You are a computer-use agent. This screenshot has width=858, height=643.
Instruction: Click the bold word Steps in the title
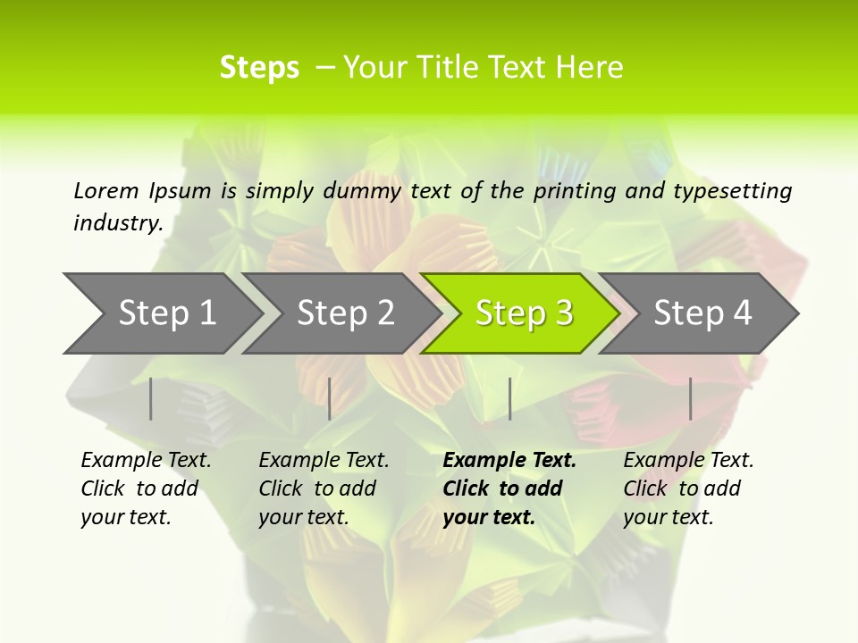[259, 68]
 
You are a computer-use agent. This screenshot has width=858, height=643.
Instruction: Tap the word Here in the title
[589, 68]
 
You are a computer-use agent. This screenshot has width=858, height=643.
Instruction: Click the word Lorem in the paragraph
[106, 190]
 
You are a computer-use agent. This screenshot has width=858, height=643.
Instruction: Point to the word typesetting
[732, 190]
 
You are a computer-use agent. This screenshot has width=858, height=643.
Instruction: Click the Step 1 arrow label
[167, 313]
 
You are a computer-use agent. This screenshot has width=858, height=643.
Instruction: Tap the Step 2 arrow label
[346, 313]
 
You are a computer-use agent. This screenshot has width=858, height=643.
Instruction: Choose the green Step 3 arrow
[525, 313]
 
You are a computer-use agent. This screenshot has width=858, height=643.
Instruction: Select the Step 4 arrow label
[702, 313]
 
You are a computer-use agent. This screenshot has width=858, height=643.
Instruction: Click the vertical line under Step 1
[151, 398]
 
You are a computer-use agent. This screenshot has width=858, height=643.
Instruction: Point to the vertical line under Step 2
[330, 398]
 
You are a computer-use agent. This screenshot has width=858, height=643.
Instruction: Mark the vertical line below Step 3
[509, 398]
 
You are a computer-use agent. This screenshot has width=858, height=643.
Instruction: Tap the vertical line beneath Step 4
[690, 398]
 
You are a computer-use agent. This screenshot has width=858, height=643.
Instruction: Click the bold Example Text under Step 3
[509, 461]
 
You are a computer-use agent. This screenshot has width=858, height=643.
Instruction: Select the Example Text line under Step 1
[146, 461]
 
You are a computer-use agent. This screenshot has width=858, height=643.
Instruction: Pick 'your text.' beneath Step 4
[668, 517]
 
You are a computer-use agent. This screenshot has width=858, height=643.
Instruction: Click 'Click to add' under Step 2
[317, 489]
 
